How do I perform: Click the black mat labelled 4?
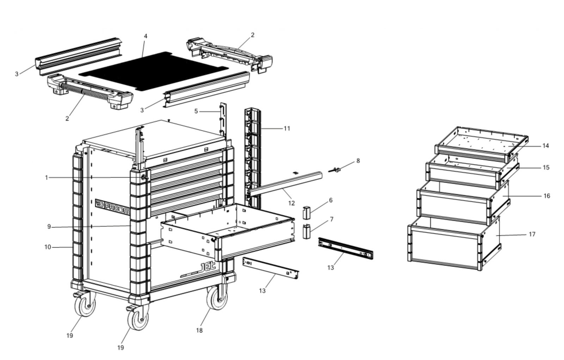point(154,71)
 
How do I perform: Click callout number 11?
point(287,129)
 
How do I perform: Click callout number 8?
point(358,161)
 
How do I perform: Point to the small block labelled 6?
point(307,213)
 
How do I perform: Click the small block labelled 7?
point(307,231)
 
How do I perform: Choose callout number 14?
point(545,146)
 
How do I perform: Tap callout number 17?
point(532,234)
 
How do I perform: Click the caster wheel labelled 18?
point(217,298)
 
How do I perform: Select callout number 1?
point(46,178)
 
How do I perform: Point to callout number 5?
point(196,111)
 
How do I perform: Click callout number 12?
point(291,203)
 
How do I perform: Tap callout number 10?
point(48,247)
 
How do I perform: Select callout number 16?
point(547,196)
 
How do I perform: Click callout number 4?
point(146,36)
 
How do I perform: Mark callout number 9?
point(49,226)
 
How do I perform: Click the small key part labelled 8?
point(335,170)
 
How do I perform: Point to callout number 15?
point(546,167)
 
